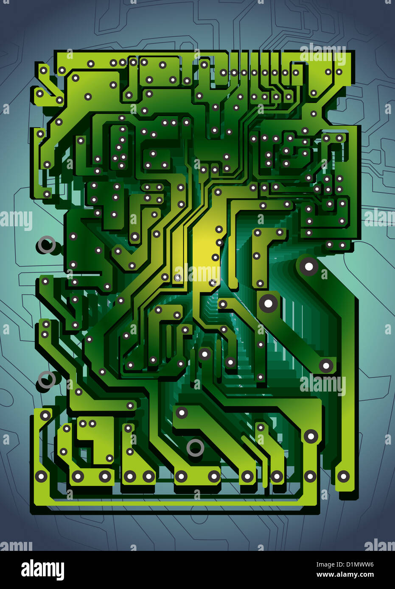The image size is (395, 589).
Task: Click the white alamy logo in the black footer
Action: pyautogui.click(x=42, y=570)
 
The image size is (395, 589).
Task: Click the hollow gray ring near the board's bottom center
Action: pyautogui.click(x=195, y=447)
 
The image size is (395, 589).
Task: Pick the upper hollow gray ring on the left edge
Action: pyautogui.click(x=47, y=244)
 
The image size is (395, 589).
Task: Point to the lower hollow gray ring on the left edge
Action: pyautogui.click(x=47, y=380)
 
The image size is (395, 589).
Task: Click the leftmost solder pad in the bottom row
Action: pyautogui.click(x=41, y=476)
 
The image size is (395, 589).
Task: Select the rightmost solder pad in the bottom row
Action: pyautogui.click(x=343, y=476)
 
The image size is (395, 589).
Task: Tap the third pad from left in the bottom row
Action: pyautogui.click(x=105, y=476)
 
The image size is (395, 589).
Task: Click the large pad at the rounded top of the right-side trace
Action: pyautogui.click(x=309, y=267)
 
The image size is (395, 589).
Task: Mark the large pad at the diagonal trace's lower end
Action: pyautogui.click(x=326, y=365)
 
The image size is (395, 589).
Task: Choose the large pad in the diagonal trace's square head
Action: pyautogui.click(x=269, y=303)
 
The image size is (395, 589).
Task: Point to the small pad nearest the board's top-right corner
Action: pyautogui.click(x=339, y=72)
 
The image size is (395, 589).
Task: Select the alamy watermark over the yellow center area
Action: pyautogui.click(x=198, y=273)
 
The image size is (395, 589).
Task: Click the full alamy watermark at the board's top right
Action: pyautogui.click(x=322, y=55)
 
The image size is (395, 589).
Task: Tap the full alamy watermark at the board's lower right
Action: pyautogui.click(x=322, y=385)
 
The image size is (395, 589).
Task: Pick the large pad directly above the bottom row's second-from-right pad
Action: pyautogui.click(x=311, y=436)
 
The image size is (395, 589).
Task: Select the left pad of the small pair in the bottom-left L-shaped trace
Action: pyautogui.click(x=83, y=423)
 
